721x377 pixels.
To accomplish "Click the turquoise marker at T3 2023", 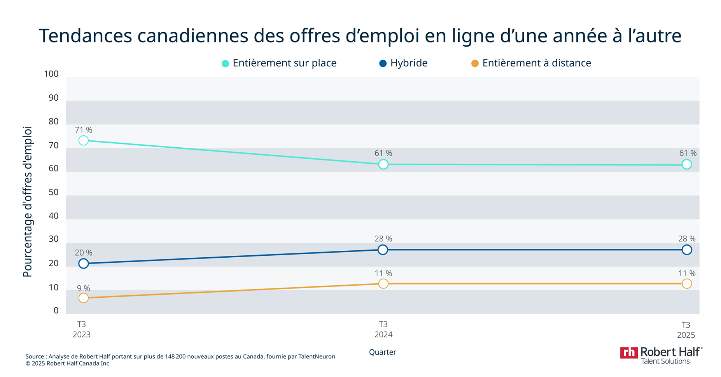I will tap(83, 140).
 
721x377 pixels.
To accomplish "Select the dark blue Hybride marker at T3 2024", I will tap(383, 250).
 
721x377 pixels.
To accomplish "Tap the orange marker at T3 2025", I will tap(686, 284).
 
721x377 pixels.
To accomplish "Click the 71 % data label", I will tap(84, 130).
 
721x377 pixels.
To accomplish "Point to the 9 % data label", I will tap(83, 288).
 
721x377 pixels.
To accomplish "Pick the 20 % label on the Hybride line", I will tap(84, 253).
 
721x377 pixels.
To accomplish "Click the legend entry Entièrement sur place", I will tap(284, 63).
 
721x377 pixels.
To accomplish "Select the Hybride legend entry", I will tap(408, 63).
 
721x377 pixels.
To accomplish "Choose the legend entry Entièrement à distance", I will tap(536, 63).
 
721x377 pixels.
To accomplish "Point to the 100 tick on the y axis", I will tap(51, 74).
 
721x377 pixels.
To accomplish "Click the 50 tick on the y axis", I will tap(53, 192).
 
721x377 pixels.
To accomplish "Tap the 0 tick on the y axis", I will tap(56, 310).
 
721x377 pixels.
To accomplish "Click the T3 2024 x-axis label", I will tap(383, 329).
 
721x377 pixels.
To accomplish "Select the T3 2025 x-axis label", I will tap(686, 330).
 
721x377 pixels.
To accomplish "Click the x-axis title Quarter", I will tap(382, 352).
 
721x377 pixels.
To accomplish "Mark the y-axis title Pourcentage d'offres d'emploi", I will tap(27, 201).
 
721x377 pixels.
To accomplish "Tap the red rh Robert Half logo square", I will tap(628, 353).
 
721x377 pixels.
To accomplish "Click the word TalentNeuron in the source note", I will tap(317, 356).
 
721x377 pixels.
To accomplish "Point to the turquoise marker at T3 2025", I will tap(686, 164).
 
